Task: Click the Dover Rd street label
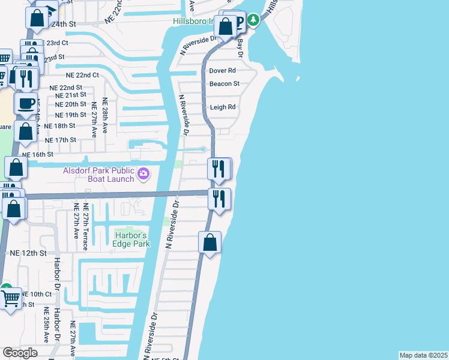pos(222,71)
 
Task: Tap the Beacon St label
pos(224,84)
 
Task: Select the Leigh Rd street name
pos(222,107)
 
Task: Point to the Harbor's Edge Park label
pos(131,239)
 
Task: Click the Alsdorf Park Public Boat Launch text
pos(100,174)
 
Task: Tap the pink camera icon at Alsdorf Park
pos(143,174)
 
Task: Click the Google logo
pos(20,353)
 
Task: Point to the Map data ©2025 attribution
pos(423,355)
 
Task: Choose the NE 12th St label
pos(28,253)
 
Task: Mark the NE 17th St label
pos(61,140)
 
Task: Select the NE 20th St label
pos(70,104)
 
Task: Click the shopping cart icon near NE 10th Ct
pos(10,298)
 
